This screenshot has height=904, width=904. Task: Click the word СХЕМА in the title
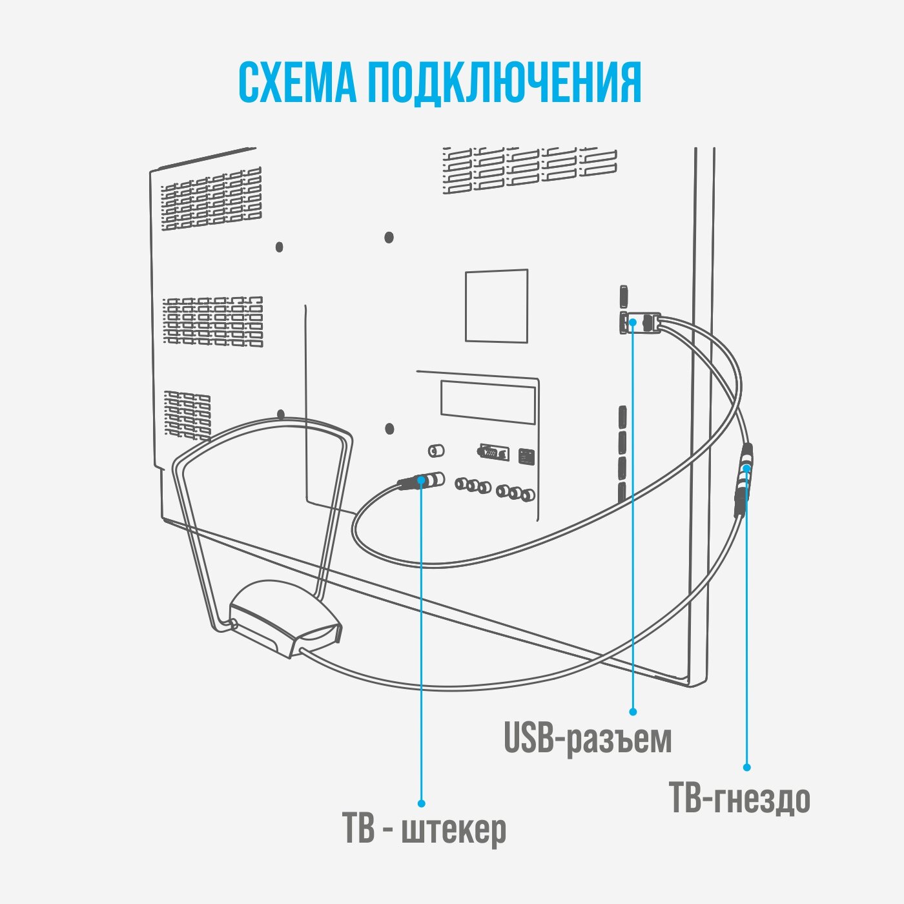[x=297, y=83]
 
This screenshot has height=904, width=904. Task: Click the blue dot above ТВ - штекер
[x=421, y=803]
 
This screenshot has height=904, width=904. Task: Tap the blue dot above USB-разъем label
[x=633, y=712]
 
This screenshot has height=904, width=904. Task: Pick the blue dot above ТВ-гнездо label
[x=746, y=767]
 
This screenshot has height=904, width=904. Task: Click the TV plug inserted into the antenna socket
[x=420, y=481]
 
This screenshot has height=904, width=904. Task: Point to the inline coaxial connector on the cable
[x=745, y=481]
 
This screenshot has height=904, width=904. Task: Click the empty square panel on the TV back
[x=496, y=305]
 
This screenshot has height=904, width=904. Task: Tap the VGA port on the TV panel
[x=493, y=452]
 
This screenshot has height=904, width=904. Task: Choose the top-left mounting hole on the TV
[x=279, y=247]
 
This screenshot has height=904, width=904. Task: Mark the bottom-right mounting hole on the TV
[x=389, y=428]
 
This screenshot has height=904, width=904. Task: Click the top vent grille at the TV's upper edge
[x=529, y=170]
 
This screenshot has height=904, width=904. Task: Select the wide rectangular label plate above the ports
[x=488, y=401]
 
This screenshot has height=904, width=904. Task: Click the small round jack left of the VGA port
[x=434, y=449]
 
